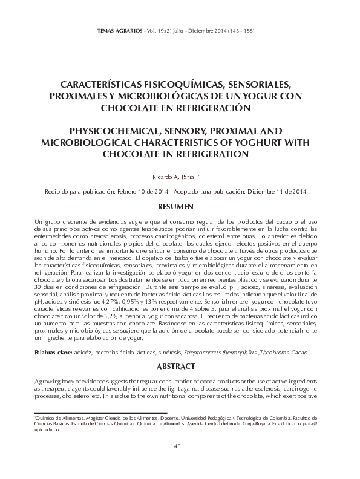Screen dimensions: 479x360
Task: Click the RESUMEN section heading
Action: (180, 207)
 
